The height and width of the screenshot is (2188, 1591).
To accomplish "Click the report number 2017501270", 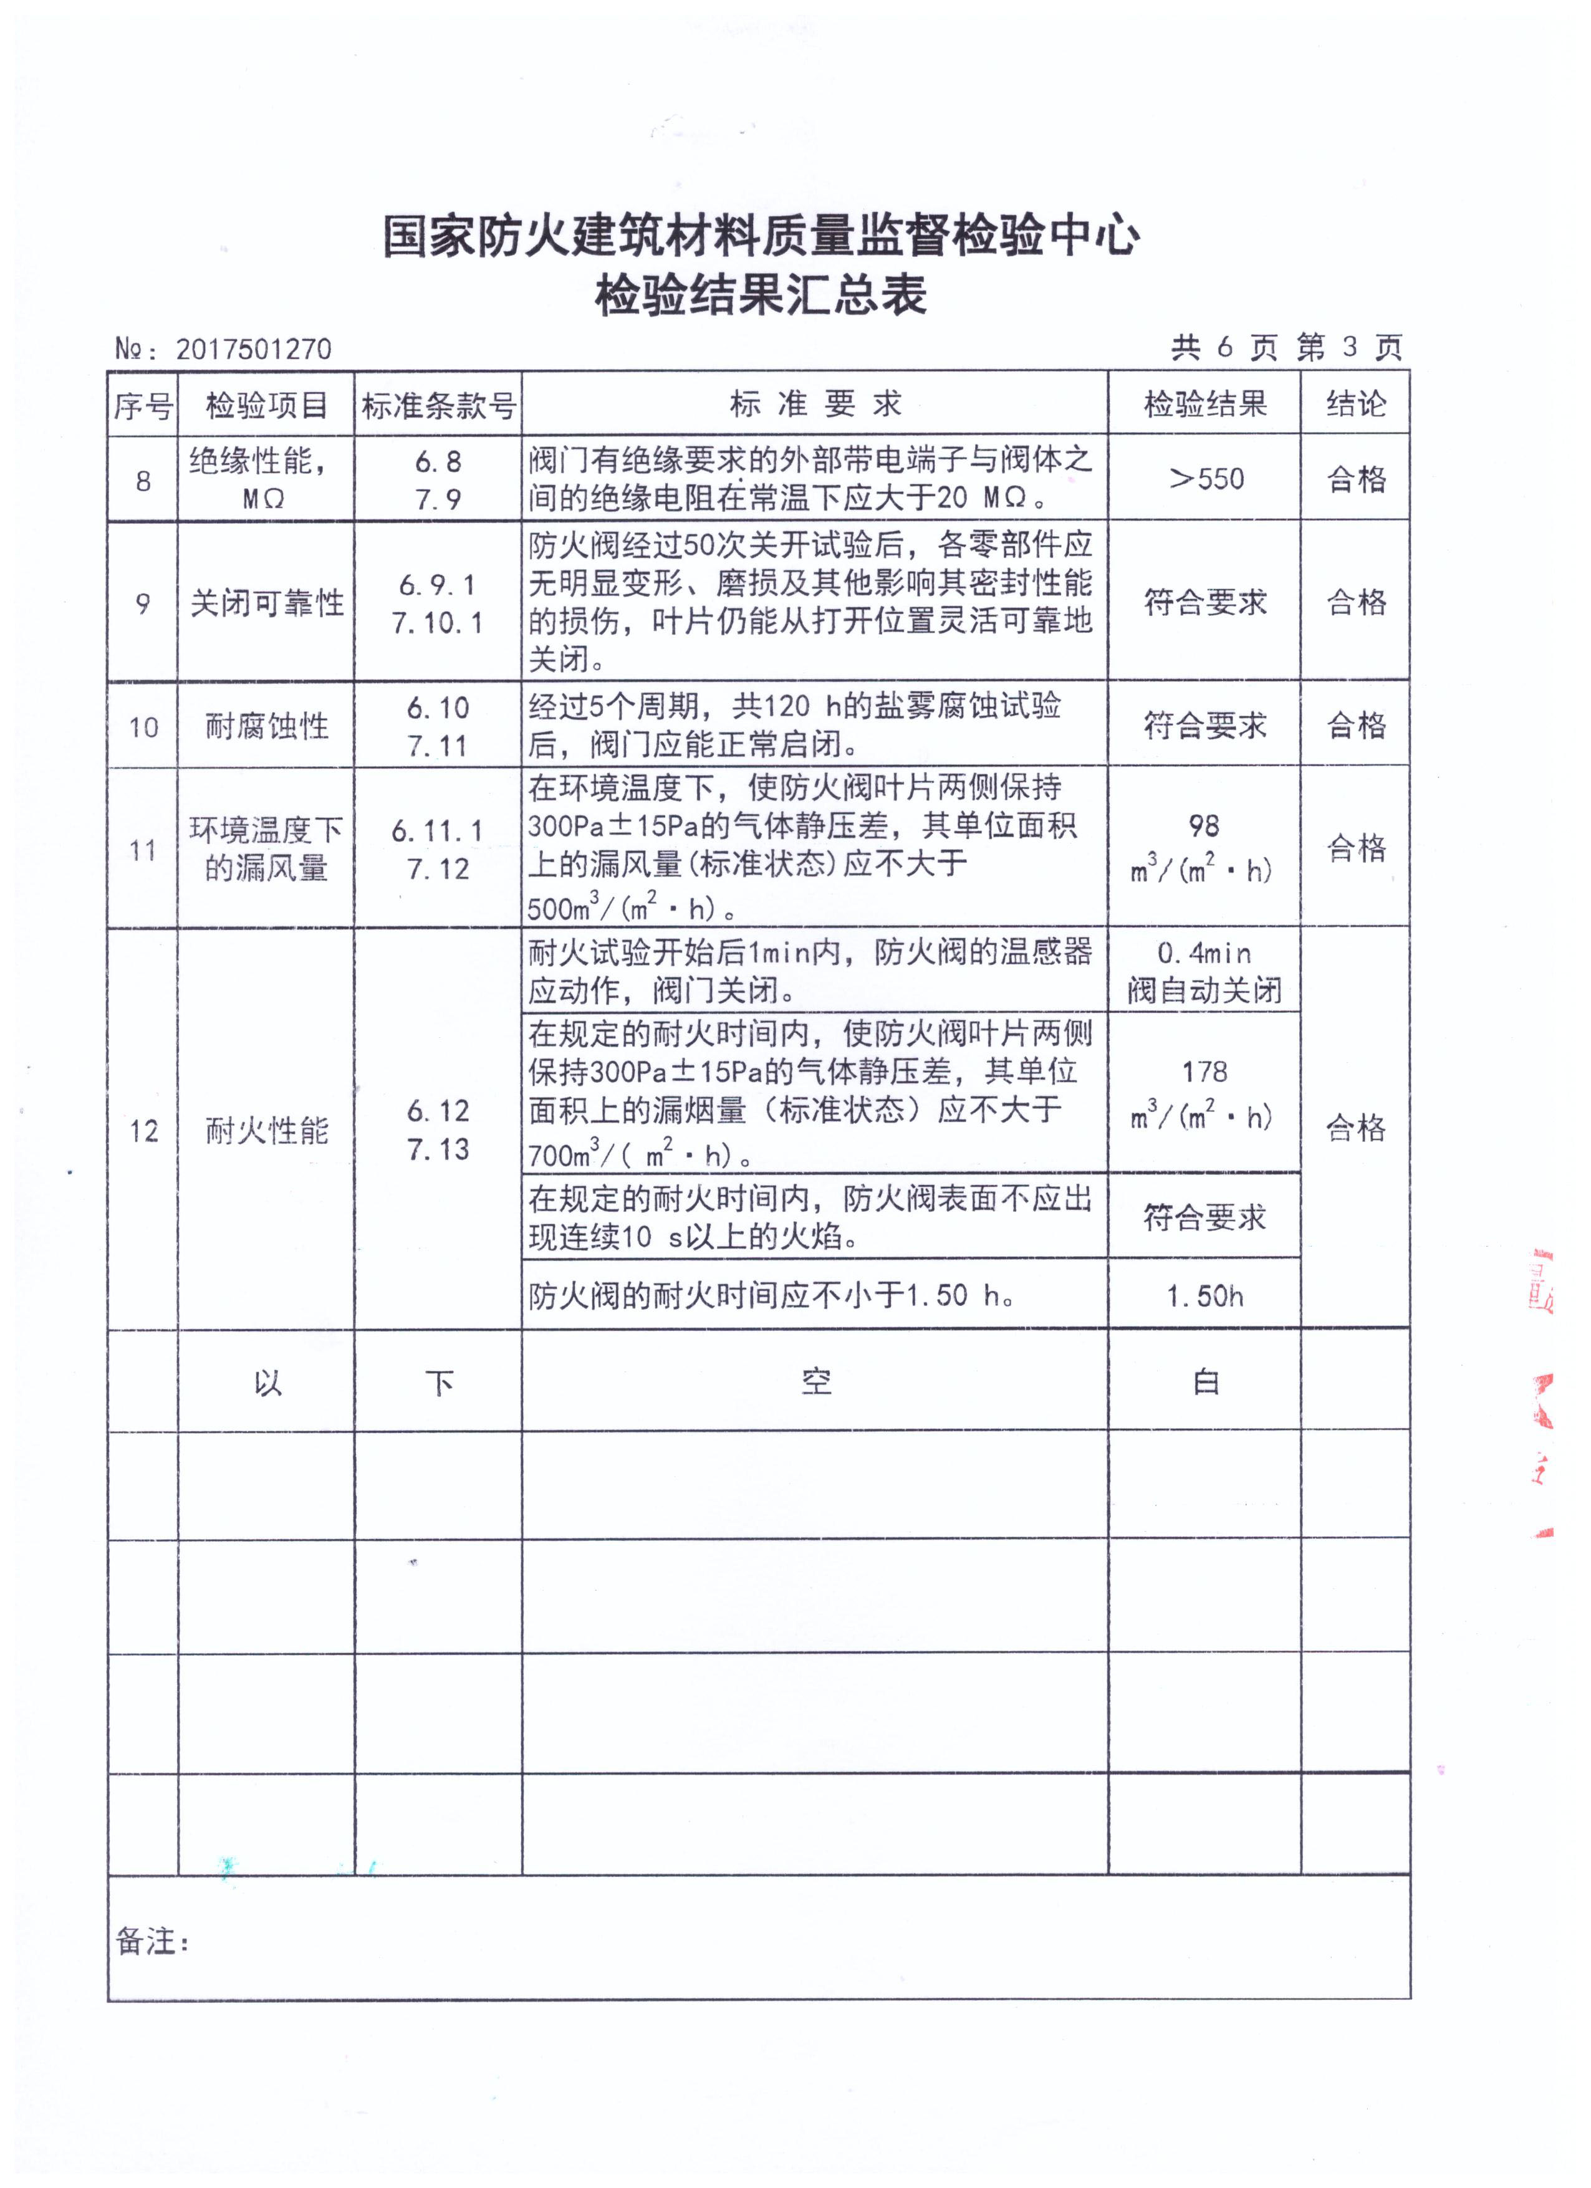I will click(x=252, y=349).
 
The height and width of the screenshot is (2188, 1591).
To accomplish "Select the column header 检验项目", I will click(x=266, y=405).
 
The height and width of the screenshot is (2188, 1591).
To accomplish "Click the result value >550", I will click(x=1206, y=479).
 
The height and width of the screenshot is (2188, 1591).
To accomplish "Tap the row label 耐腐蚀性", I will click(x=266, y=726).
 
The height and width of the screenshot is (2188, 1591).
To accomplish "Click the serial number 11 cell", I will click(x=143, y=850).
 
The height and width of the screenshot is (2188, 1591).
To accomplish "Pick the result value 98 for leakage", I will click(x=1204, y=826).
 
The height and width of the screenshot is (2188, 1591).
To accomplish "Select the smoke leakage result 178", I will click(x=1204, y=1072).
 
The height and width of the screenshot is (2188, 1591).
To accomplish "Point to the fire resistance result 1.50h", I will click(x=1204, y=1295).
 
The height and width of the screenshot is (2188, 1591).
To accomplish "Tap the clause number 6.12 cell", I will click(x=438, y=1111).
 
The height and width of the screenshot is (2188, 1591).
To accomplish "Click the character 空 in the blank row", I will click(x=815, y=1383).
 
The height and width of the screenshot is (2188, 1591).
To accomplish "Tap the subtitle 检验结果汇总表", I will click(x=761, y=295).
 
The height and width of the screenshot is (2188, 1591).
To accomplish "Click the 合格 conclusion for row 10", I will click(x=1355, y=726).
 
